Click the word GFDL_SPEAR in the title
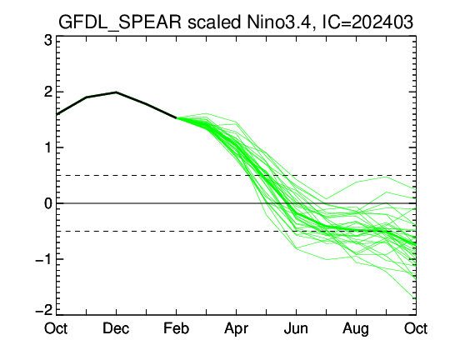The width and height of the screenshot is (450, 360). coord(120,22)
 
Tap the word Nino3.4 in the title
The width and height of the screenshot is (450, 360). coord(279,22)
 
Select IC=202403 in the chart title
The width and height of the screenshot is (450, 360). coord(367,22)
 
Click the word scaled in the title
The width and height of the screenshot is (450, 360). coord(214,22)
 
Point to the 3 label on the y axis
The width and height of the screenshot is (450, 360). coord(48,41)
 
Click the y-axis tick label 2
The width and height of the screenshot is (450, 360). coord(48,92)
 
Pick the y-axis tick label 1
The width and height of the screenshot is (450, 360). coord(49,147)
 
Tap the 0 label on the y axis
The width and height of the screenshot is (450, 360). coord(48,203)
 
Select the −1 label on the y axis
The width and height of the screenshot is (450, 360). coord(43,259)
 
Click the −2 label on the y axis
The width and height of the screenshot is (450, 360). coord(43,310)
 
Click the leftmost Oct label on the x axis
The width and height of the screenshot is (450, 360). coord(56,328)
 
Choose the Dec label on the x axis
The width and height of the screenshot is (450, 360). coord(116,328)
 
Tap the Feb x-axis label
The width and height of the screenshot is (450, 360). coord(176,328)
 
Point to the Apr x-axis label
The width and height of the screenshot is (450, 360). coord(236,329)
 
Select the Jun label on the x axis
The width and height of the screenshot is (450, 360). coord(296,328)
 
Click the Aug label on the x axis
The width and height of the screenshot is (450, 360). coord(356,329)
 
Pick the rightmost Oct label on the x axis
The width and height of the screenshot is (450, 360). coord(416,328)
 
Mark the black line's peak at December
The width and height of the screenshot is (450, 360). coord(116,92)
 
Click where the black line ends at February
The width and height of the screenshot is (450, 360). coord(176,117)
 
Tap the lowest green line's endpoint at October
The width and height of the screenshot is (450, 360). coord(416,300)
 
